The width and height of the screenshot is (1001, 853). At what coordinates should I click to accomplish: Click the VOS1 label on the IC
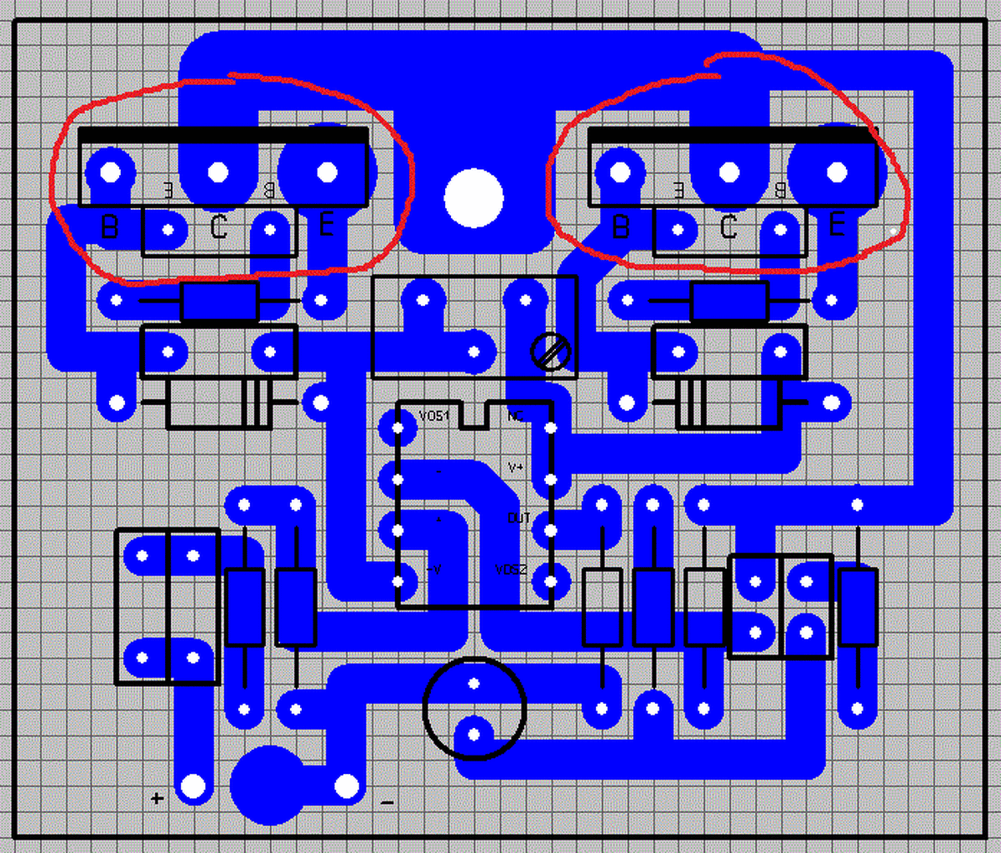[434, 416]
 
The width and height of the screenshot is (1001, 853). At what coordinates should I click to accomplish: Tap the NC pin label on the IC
[516, 416]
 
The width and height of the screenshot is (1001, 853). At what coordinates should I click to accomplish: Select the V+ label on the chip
[516, 467]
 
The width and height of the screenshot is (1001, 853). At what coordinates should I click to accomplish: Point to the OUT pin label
[518, 519]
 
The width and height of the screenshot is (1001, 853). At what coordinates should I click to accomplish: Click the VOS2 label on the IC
[511, 571]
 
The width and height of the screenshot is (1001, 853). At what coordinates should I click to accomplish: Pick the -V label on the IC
[434, 571]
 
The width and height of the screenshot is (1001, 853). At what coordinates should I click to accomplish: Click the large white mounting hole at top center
[473, 198]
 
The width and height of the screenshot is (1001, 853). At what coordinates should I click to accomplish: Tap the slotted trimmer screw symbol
[551, 353]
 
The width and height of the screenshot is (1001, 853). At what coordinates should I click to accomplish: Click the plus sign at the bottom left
[157, 798]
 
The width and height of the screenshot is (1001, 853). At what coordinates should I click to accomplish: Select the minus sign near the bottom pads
[387, 802]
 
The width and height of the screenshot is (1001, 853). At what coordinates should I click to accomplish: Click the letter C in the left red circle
[218, 227]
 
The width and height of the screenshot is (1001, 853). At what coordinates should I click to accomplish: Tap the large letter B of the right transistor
[620, 227]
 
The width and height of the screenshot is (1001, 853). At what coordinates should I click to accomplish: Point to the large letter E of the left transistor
[327, 225]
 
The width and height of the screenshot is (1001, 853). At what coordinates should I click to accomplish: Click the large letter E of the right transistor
[837, 225]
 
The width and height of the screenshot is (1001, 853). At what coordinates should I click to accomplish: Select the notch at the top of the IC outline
[473, 414]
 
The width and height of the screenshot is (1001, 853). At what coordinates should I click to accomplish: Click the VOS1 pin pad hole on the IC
[398, 428]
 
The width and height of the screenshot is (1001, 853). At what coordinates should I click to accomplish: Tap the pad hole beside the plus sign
[193, 786]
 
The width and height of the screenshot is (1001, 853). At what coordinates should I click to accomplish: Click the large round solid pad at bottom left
[267, 786]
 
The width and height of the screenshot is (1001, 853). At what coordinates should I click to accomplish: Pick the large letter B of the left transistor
[109, 227]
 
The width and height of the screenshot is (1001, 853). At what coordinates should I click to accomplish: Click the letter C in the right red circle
[728, 227]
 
